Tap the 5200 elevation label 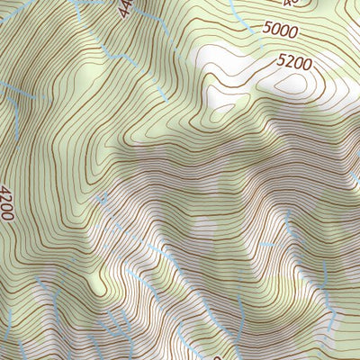[x=295, y=63]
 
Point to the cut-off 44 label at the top [x=124, y=8]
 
